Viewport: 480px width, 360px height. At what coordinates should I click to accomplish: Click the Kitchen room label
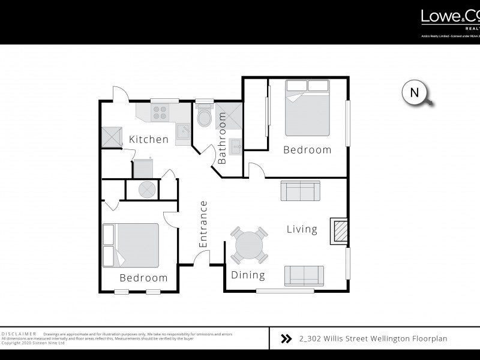149,140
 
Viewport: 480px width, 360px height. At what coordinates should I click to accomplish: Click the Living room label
301,229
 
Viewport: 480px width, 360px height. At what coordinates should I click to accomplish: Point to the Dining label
248,275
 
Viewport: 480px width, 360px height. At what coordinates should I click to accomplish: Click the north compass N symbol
414,92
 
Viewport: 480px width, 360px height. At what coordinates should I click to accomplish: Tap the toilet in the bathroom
204,116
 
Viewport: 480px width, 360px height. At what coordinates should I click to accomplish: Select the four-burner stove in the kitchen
161,112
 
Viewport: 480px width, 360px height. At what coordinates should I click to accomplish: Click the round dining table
249,245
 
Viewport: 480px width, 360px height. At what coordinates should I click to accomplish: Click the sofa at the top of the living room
300,192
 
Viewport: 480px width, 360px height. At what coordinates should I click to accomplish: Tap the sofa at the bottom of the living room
304,275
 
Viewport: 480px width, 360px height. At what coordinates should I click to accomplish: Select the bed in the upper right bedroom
307,108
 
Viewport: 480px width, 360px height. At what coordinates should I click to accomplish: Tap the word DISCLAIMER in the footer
19,334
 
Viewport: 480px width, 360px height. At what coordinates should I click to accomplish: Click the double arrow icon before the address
286,339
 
